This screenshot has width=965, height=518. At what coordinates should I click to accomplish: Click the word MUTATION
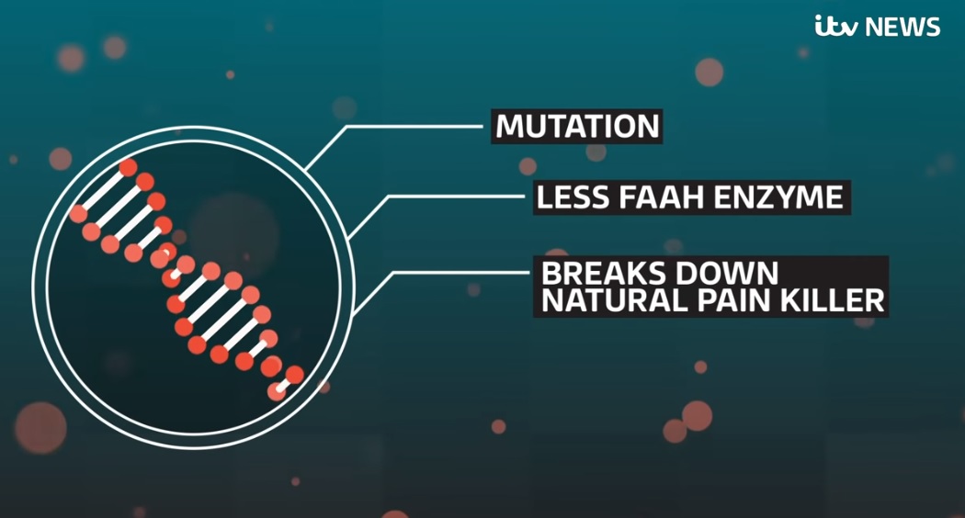(577, 127)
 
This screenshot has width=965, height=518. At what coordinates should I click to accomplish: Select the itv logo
(836, 27)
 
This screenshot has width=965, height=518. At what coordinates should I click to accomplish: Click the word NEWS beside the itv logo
(903, 27)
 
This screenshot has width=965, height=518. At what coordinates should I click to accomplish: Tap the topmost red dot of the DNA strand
(128, 167)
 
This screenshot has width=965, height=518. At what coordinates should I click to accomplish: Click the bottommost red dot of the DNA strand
(277, 391)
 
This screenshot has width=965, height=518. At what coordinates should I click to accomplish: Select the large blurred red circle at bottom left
(40, 428)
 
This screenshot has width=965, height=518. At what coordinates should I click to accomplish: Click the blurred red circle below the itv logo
(709, 72)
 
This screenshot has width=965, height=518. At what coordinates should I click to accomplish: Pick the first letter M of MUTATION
(509, 127)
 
